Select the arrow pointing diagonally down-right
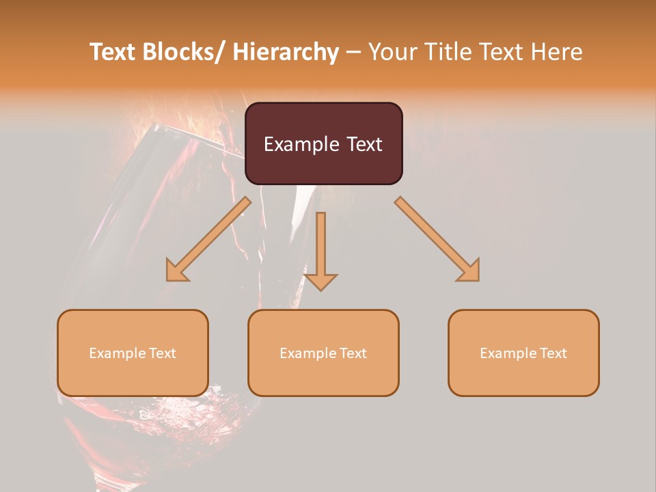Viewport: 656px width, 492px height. tap(438, 240)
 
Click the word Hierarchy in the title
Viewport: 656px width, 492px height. tap(285, 52)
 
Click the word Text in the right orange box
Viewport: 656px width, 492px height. tap(552, 353)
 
